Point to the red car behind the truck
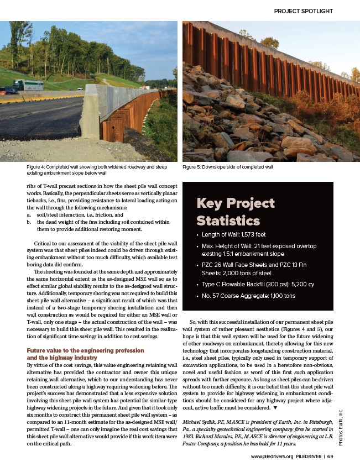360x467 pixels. tap(10, 90)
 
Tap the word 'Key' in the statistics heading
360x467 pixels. tap(209, 204)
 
